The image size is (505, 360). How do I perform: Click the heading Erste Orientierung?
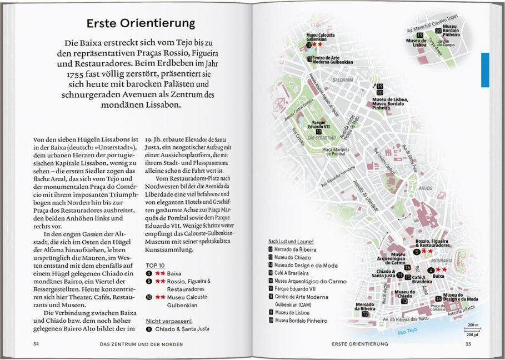(141, 23)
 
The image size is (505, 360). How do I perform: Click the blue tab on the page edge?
(484, 69)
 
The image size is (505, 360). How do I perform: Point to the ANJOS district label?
(426, 188)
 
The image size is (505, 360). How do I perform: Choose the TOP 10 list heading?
(154, 265)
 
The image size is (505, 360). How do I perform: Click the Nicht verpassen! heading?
(169, 321)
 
